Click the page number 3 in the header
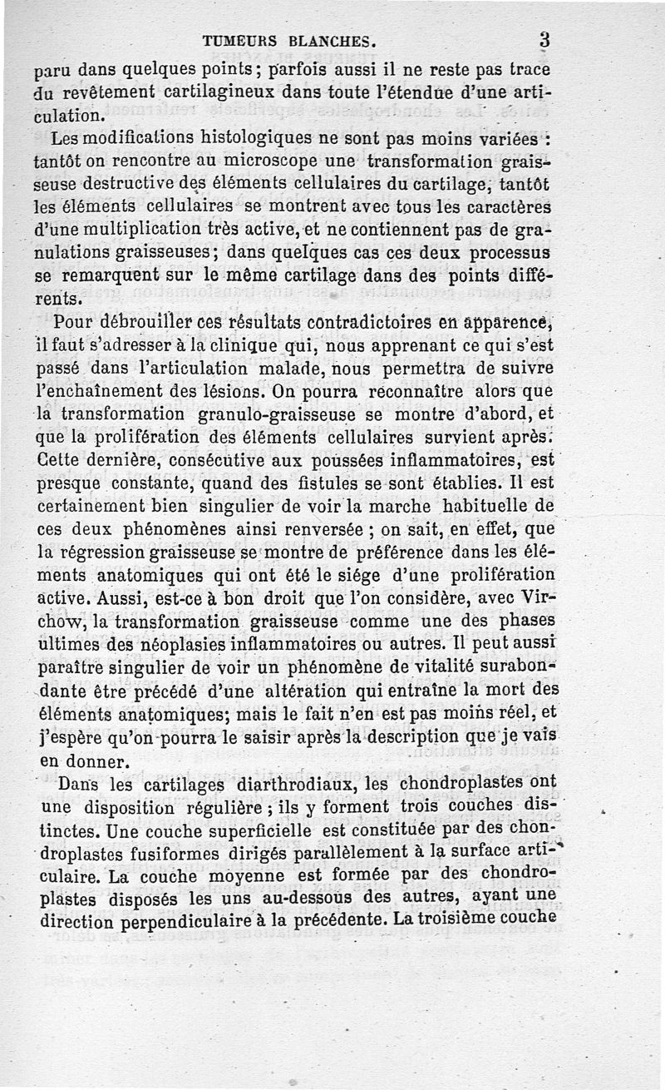pyautogui.click(x=545, y=39)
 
